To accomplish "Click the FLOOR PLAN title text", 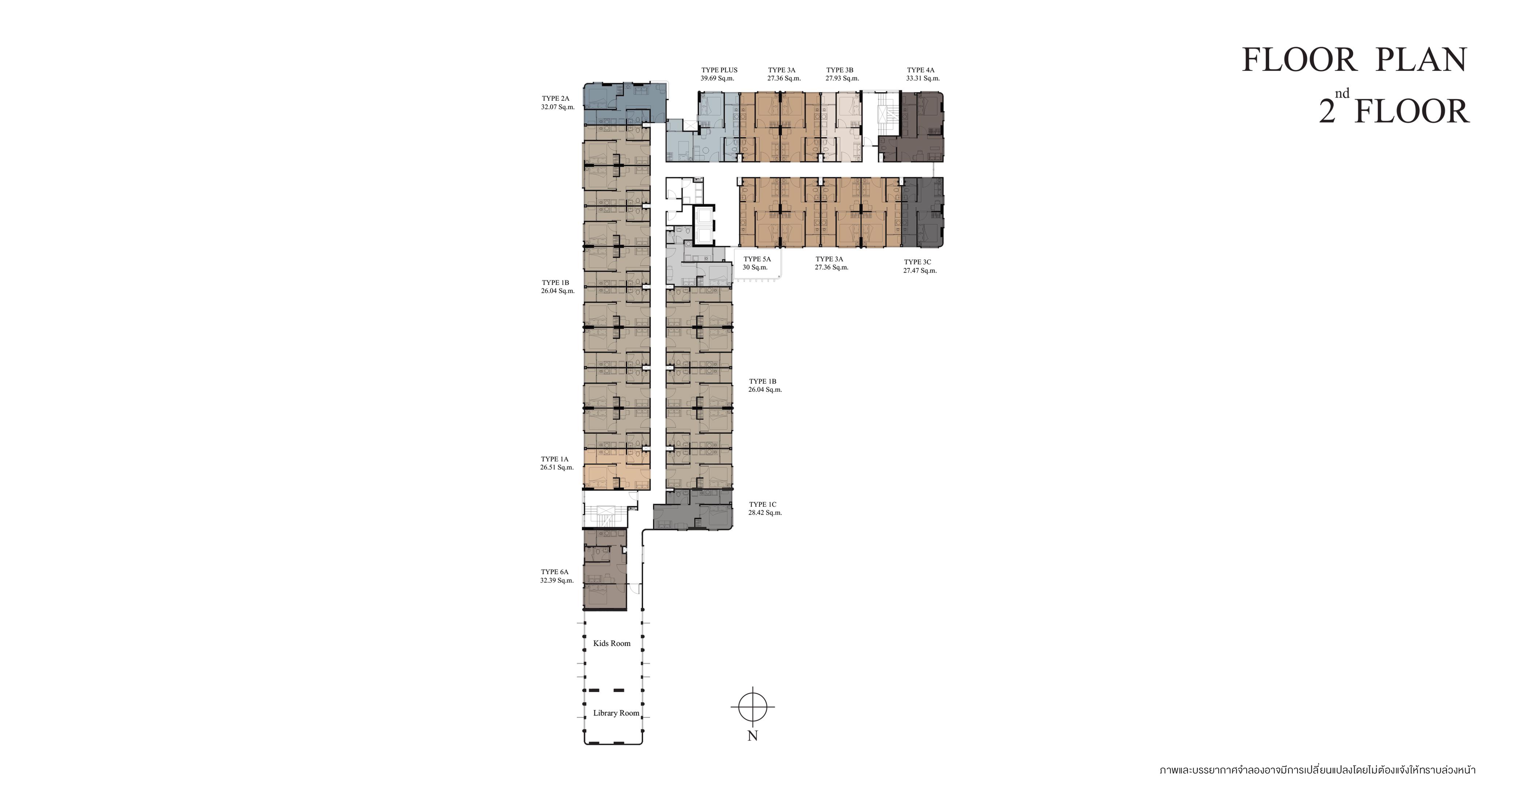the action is click(x=1354, y=60).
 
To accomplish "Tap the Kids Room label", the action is click(x=611, y=644).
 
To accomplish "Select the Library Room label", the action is click(x=616, y=713).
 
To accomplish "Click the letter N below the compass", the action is click(x=753, y=736).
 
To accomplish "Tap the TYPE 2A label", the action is click(x=555, y=98).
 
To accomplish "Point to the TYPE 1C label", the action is click(x=763, y=505).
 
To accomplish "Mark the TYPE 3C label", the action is click(x=918, y=262).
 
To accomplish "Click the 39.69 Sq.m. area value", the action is click(x=717, y=78).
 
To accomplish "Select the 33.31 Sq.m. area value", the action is click(x=923, y=78).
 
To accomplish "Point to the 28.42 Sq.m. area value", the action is click(x=765, y=513).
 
